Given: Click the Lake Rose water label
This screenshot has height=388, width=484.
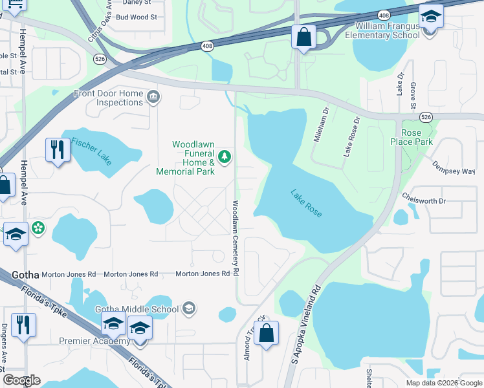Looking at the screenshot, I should coord(306,203).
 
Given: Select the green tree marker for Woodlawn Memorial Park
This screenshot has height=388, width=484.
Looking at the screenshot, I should coord(225,156).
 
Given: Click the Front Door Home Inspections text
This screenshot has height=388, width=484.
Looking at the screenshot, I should coord(108,98).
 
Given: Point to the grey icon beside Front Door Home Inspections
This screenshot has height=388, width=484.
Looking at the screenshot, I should coord(153,98).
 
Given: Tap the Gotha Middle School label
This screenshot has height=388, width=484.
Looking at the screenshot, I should coord(137,309).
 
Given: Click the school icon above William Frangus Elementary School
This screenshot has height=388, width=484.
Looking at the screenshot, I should coord(430,15).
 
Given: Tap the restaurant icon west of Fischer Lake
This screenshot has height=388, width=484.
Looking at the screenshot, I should coord(58,149).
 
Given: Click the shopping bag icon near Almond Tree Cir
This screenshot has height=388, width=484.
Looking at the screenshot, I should coord(266,333).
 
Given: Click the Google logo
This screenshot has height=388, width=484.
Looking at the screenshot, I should coord(21,380).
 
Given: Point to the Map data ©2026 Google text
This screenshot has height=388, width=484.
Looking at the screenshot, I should coord(443,383).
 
